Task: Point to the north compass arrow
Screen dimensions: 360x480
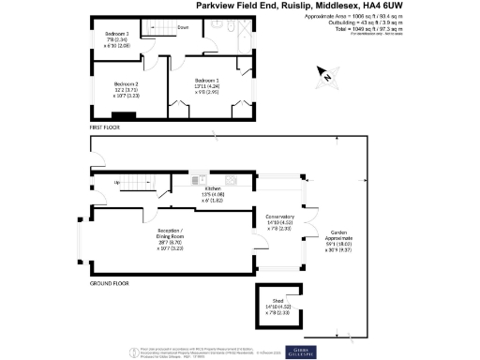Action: pos(325,74)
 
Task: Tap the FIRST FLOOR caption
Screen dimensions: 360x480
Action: pos(105,126)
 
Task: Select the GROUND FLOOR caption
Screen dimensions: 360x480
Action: pos(110,281)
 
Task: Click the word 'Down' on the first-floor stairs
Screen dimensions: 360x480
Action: pos(182,29)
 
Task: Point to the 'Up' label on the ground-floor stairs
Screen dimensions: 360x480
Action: pos(117,182)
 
